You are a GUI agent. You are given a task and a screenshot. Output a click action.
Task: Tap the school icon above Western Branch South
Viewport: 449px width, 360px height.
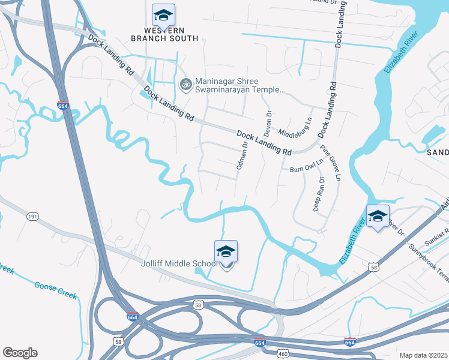(x=163, y=14)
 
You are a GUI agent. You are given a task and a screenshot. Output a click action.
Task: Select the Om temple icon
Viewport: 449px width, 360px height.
(x=185, y=84)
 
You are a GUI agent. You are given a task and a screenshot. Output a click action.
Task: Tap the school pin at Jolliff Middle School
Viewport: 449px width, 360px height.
(x=226, y=251)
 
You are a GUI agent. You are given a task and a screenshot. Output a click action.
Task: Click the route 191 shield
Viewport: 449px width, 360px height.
(x=32, y=216)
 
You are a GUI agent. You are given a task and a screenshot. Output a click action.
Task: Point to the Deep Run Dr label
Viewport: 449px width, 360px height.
(x=319, y=194)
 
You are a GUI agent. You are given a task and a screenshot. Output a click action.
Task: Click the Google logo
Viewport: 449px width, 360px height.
(x=20, y=353)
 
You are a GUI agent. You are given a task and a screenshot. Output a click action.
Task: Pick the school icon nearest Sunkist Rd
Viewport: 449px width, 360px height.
(x=378, y=217)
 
